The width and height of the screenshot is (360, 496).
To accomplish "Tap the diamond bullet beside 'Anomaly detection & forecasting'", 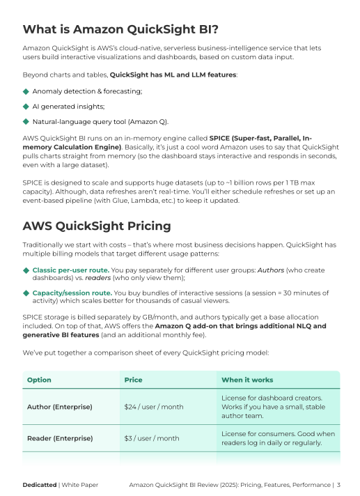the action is click(x=26, y=91).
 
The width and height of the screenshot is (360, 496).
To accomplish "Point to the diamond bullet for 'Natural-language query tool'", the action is click(x=26, y=121).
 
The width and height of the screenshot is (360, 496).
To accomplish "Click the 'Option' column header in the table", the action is click(x=39, y=380).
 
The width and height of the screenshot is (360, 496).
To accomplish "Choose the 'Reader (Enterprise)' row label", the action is click(x=60, y=438).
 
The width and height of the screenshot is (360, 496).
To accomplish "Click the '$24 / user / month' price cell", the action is click(x=153, y=406).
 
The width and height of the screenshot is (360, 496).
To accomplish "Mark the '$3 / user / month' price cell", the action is click(x=152, y=438).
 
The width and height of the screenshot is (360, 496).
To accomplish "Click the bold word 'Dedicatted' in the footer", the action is click(x=40, y=484).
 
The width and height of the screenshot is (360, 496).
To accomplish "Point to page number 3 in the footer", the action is click(x=338, y=484).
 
